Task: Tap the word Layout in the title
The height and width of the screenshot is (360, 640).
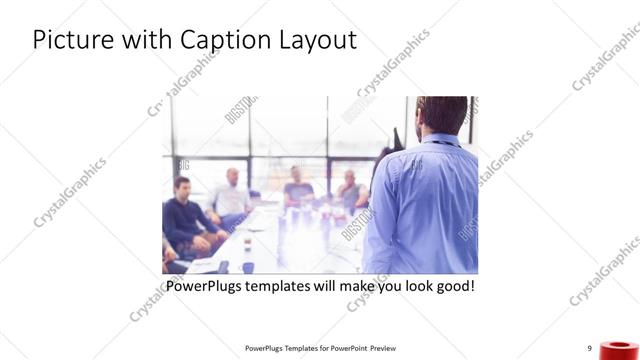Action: [x=317, y=41]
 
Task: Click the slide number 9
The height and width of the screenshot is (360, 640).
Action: [x=590, y=348]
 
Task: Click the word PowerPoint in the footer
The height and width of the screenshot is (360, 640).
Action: [x=346, y=348]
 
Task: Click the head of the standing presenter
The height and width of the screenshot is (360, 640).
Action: [x=437, y=116]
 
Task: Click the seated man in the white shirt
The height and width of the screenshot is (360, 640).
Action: [x=230, y=195]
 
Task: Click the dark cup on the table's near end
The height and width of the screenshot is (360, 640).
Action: [x=222, y=267]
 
